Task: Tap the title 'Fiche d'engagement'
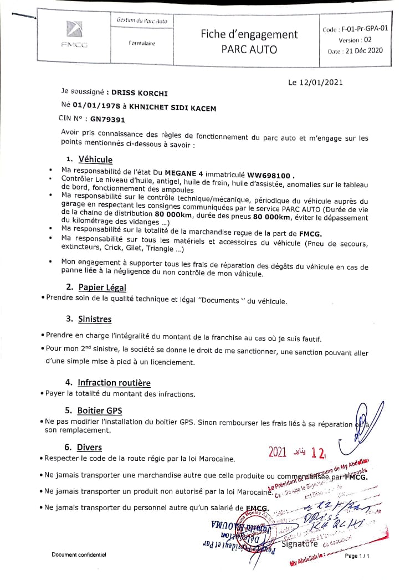tap(249, 34)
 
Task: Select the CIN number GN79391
tap(108, 119)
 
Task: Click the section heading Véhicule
tap(95, 160)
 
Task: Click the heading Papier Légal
tap(102, 287)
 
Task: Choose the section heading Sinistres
tap(94, 319)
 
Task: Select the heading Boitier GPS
tap(100, 410)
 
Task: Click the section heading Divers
tap(89, 447)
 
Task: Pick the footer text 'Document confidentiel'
tap(79, 555)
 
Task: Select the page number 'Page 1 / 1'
tap(357, 556)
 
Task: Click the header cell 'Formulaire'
tap(142, 43)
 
